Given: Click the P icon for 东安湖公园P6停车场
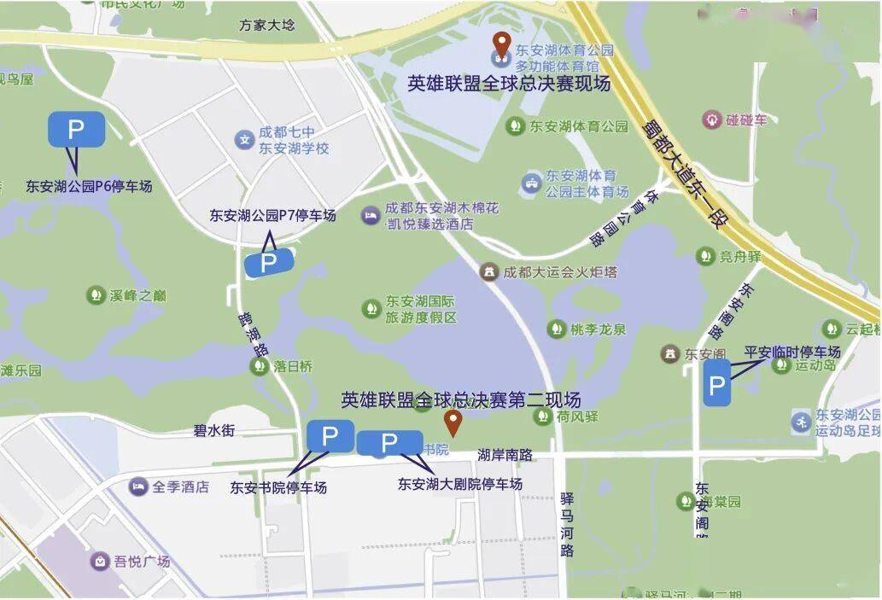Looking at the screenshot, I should pyautogui.click(x=76, y=130).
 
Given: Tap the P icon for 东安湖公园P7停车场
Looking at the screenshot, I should pyautogui.click(x=269, y=263).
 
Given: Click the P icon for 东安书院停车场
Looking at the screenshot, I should pyautogui.click(x=330, y=436).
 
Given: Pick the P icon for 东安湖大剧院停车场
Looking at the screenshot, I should pyautogui.click(x=388, y=443).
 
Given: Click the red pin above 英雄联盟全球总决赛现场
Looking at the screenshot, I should pyautogui.click(x=504, y=43).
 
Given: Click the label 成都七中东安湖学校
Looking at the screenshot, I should pyautogui.click(x=293, y=140).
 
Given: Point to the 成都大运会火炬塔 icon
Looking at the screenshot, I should pyautogui.click(x=489, y=272).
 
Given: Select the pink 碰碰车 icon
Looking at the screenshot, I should pyautogui.click(x=710, y=119).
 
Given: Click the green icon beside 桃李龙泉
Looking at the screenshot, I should pyautogui.click(x=557, y=329).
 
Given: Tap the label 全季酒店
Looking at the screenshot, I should pyautogui.click(x=180, y=486).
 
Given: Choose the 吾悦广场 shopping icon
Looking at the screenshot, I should pyautogui.click(x=100, y=561).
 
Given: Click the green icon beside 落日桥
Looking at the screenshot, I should pyautogui.click(x=258, y=366).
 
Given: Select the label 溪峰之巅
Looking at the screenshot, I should pyautogui.click(x=137, y=296).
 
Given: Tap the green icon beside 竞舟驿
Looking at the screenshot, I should pyautogui.click(x=705, y=255).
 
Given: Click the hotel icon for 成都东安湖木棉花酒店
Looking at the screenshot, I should pyautogui.click(x=370, y=216).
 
